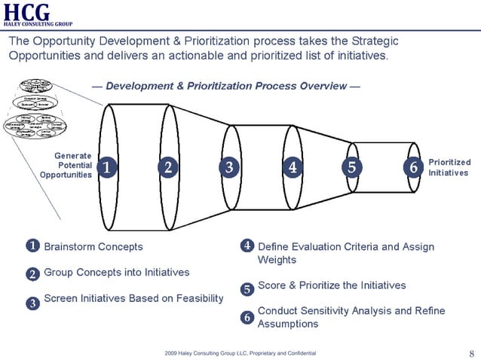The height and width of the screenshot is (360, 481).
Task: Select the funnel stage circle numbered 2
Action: click(168, 167)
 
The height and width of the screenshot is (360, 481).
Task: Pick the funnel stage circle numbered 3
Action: click(229, 167)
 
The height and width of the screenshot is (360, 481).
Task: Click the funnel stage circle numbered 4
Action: click(292, 167)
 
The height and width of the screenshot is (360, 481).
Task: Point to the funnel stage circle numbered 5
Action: click(351, 167)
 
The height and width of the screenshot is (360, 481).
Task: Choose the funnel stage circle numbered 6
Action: click(412, 167)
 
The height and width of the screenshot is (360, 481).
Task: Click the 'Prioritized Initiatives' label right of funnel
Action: click(449, 167)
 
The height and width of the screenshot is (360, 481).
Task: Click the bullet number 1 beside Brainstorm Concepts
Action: click(32, 246)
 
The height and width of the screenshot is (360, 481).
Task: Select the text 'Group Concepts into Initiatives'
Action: click(117, 272)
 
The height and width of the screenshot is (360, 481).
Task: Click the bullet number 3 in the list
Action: click(32, 304)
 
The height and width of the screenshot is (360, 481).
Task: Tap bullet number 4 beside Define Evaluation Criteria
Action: click(247, 246)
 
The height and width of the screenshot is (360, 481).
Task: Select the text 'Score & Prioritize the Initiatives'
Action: click(332, 285)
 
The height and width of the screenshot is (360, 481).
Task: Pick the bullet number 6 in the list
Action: click(247, 318)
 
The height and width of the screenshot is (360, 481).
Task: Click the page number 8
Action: click(471, 353)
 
